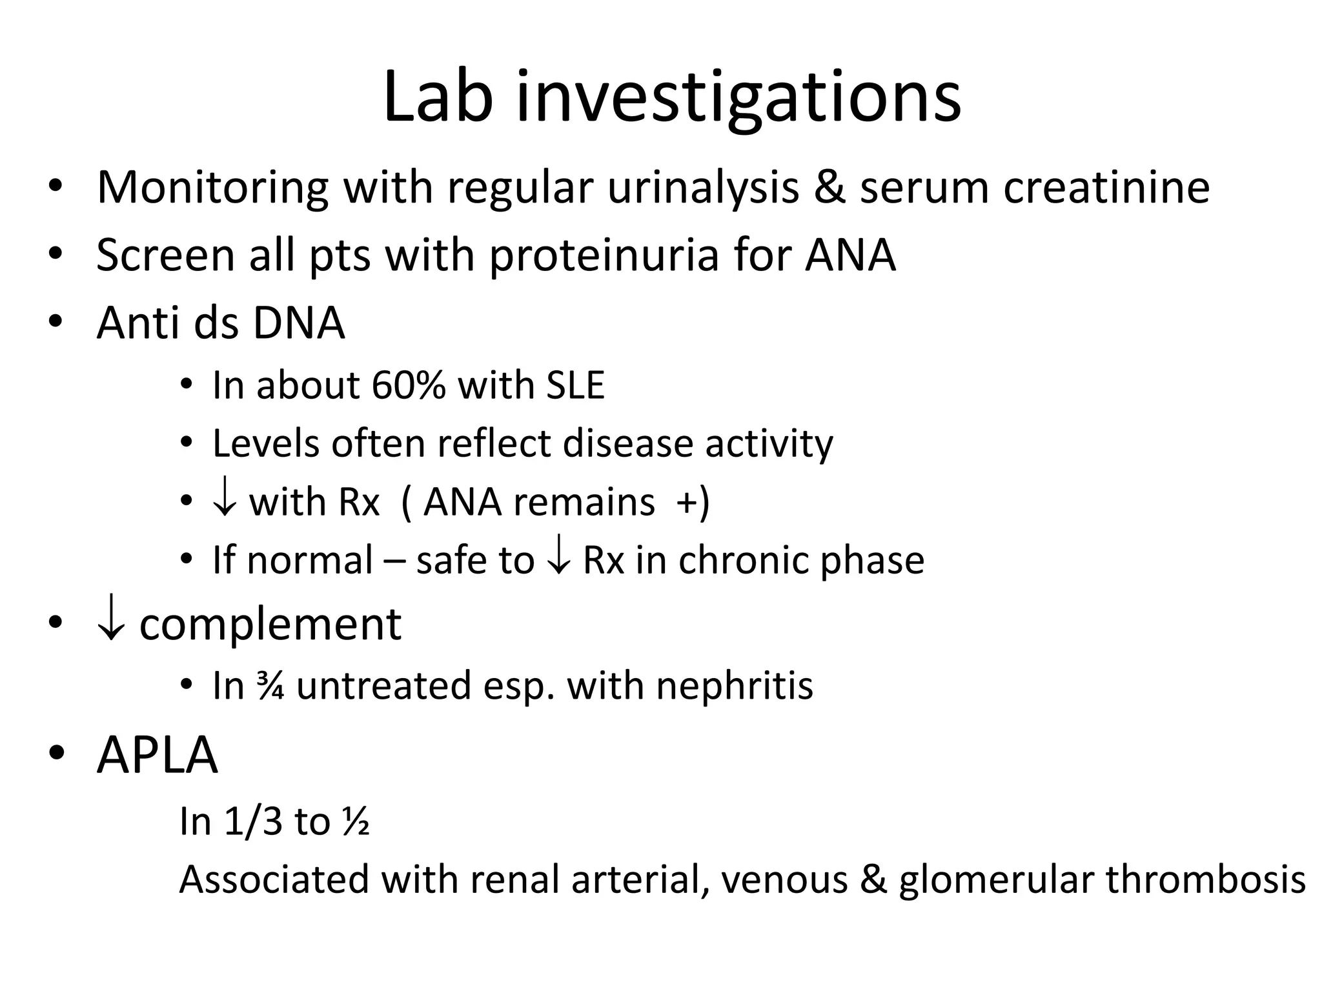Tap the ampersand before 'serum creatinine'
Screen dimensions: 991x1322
tap(829, 188)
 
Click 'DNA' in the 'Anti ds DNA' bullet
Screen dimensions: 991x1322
tap(298, 323)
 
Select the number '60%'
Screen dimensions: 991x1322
tap(408, 385)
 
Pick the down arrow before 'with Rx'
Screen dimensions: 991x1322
tap(224, 502)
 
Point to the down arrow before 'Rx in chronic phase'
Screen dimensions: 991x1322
tap(558, 560)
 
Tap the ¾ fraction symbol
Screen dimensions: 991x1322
tap(270, 685)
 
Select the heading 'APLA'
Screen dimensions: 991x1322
tap(157, 755)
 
